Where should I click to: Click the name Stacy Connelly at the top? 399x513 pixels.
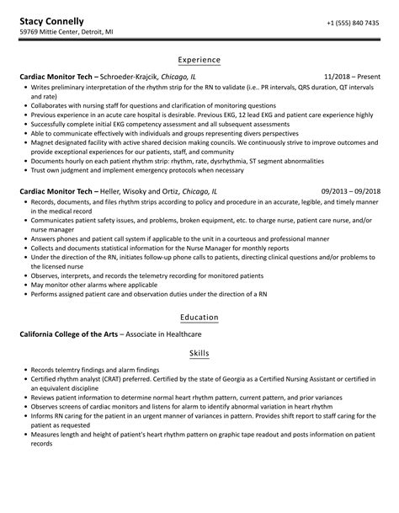[x=51, y=20]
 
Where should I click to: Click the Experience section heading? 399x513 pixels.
[x=199, y=60]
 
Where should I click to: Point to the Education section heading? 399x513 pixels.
[x=199, y=318]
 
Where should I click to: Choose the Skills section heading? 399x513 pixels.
[x=199, y=353]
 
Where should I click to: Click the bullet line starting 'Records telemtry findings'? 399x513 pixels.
[x=95, y=370]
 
